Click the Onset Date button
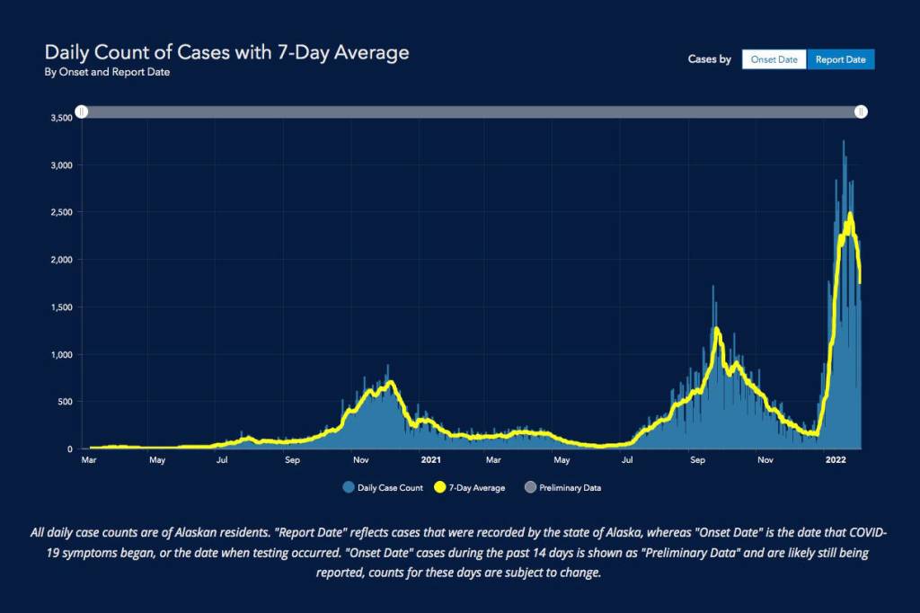[x=774, y=59]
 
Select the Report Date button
[x=840, y=59]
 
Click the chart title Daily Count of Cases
[x=226, y=52]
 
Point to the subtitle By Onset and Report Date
[x=107, y=73]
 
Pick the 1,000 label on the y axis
[x=59, y=354]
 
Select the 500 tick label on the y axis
[x=62, y=402]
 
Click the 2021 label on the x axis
[x=431, y=460]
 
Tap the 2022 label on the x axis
[x=836, y=460]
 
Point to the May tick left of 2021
[x=157, y=460]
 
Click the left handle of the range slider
[x=82, y=111]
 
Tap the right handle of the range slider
[x=861, y=111]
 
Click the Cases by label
[x=709, y=59]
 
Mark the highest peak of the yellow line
[x=849, y=214]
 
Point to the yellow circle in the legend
[x=440, y=488]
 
